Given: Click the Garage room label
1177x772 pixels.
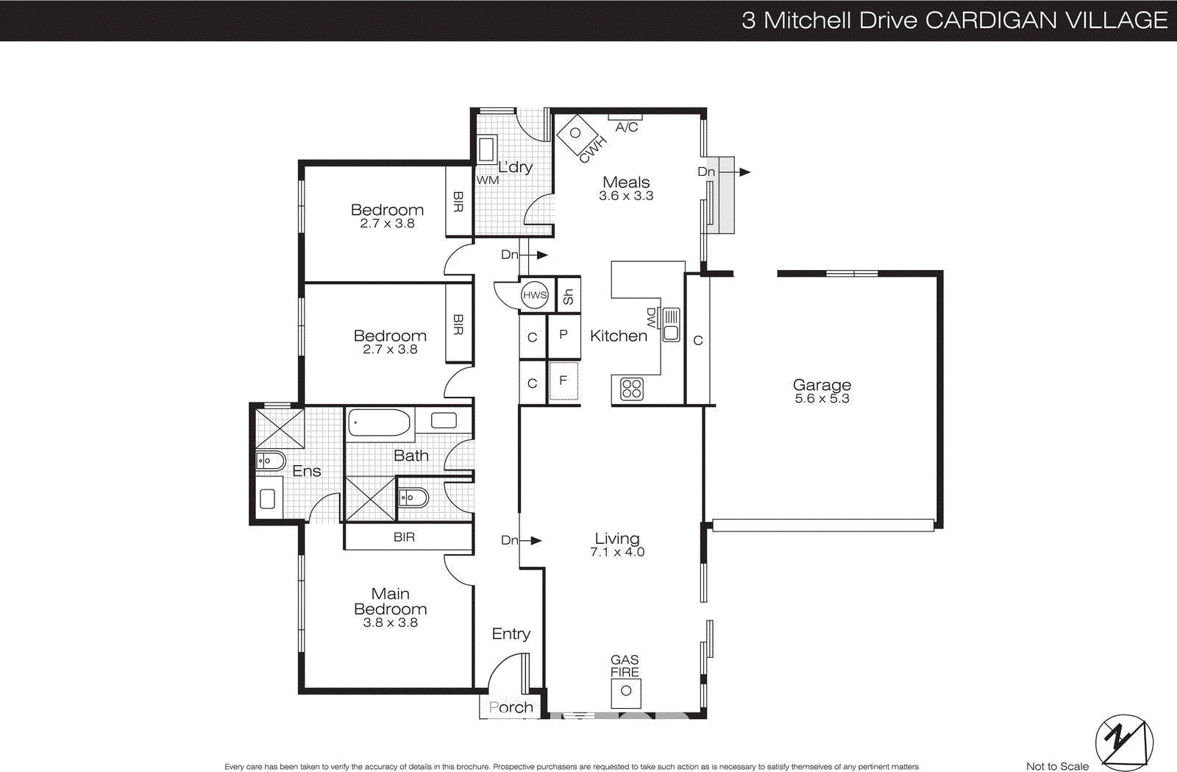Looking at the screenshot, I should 822,385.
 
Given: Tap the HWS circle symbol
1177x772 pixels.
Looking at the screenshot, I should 535,295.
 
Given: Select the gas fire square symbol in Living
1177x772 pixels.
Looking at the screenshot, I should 626,691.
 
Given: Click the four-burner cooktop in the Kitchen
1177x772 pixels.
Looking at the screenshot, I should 631,389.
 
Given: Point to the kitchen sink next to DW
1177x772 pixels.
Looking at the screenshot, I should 671,325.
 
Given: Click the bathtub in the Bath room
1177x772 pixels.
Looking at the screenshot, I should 379,423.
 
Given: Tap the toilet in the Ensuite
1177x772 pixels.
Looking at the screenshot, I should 270,461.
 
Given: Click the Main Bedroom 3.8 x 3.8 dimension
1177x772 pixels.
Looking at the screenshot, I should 390,623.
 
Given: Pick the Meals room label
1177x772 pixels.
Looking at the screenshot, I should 626,182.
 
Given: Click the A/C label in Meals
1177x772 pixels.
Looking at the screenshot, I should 627,127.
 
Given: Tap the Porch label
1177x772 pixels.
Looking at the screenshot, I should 511,707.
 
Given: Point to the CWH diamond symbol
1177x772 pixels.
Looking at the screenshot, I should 576,133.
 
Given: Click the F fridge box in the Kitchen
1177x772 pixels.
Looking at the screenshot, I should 563,381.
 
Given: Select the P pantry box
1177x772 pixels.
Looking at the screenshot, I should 563,335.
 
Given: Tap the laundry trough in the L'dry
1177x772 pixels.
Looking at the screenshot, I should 486,149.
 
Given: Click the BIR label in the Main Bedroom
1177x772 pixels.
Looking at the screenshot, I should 404,537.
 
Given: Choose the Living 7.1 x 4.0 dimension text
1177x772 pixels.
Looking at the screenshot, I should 617,552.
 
